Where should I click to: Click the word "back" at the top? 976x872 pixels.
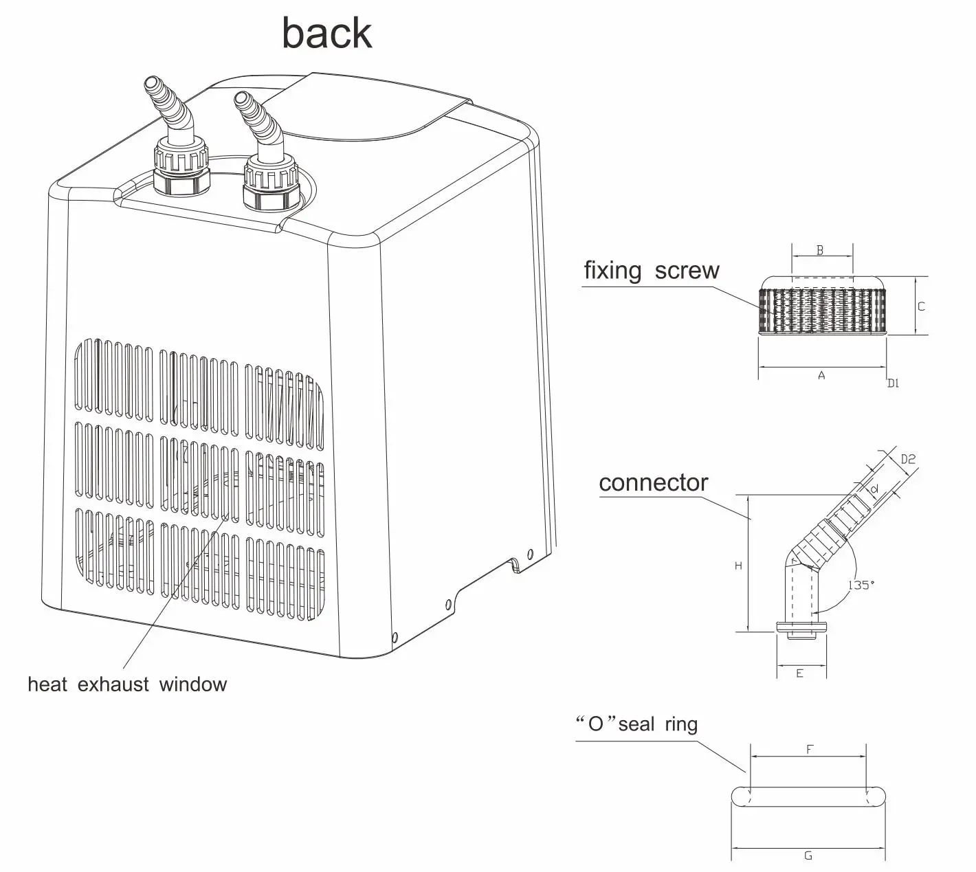click(x=327, y=34)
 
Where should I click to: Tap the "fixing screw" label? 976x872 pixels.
click(x=651, y=271)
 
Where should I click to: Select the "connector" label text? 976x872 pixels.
click(x=653, y=483)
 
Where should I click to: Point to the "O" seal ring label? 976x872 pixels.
click(x=636, y=724)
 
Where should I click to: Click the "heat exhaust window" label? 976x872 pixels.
click(x=127, y=684)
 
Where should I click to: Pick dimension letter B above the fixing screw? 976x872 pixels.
click(x=820, y=251)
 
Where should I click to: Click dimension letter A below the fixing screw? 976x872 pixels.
click(x=821, y=376)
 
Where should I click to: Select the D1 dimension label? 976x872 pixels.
click(x=892, y=383)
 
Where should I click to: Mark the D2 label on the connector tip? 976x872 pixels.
click(x=908, y=459)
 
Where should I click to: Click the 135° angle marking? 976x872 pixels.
click(x=861, y=585)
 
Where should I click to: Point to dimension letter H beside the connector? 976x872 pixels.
click(x=738, y=566)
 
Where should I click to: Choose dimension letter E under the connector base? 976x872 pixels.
click(x=799, y=673)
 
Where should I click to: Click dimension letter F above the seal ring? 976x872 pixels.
click(x=809, y=750)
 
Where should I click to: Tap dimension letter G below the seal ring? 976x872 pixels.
click(x=808, y=856)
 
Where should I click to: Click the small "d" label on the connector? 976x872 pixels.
click(x=874, y=489)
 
